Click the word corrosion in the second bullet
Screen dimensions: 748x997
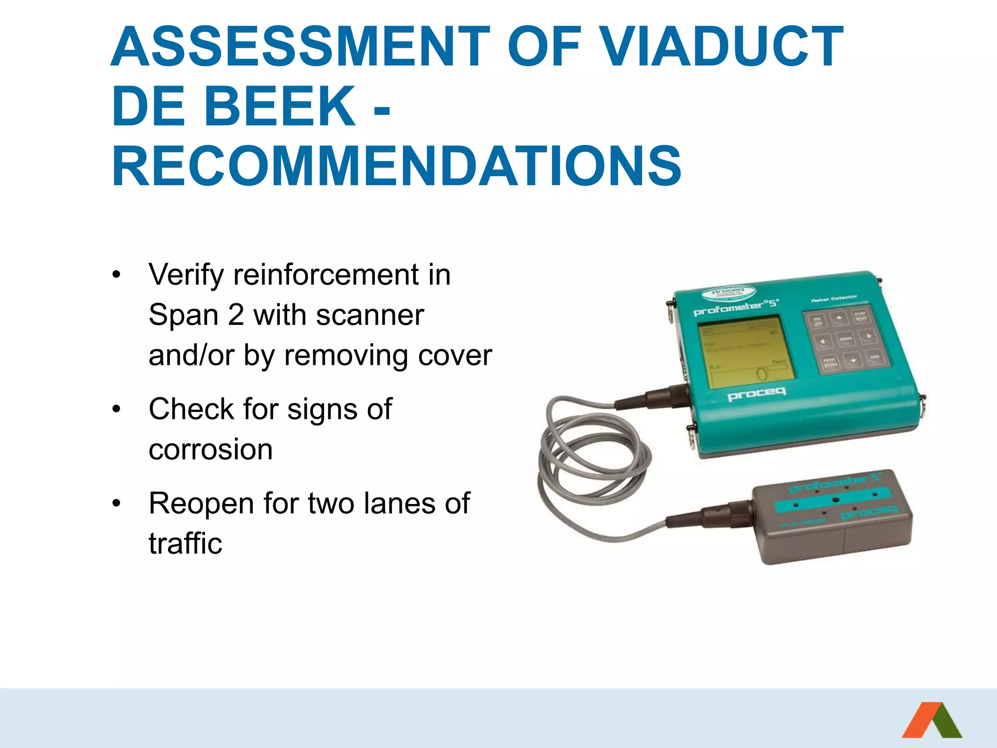point(210,449)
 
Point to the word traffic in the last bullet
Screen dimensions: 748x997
point(185,543)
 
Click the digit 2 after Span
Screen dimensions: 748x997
point(236,315)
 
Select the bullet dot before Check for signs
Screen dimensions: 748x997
point(116,409)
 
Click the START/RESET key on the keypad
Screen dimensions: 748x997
point(860,315)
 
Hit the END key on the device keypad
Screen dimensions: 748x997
point(874,357)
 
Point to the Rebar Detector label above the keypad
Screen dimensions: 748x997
point(834,298)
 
